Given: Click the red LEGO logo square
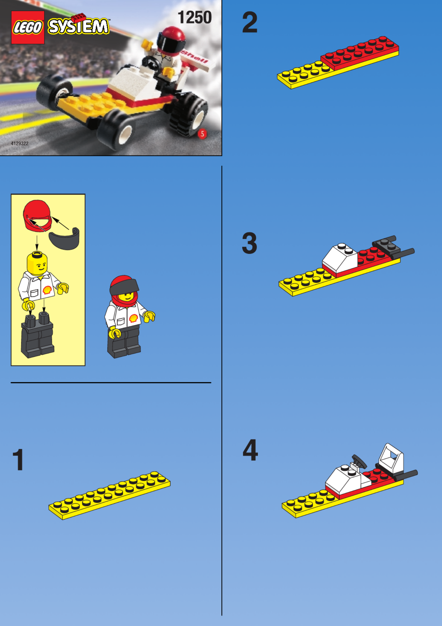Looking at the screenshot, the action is pyautogui.click(x=28, y=28).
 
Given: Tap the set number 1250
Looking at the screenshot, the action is pyautogui.click(x=195, y=17).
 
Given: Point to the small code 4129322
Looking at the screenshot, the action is pyautogui.click(x=20, y=143).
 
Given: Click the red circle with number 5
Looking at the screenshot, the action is pyautogui.click(x=202, y=134).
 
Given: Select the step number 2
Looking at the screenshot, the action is pyautogui.click(x=250, y=22).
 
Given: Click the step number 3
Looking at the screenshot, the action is pyautogui.click(x=249, y=243).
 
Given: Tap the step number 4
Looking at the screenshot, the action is pyautogui.click(x=250, y=450).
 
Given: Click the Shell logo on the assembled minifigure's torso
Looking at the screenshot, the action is pyautogui.click(x=133, y=318).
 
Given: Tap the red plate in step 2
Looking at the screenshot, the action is pyautogui.click(x=360, y=53).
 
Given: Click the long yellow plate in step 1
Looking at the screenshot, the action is pyautogui.click(x=110, y=495).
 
